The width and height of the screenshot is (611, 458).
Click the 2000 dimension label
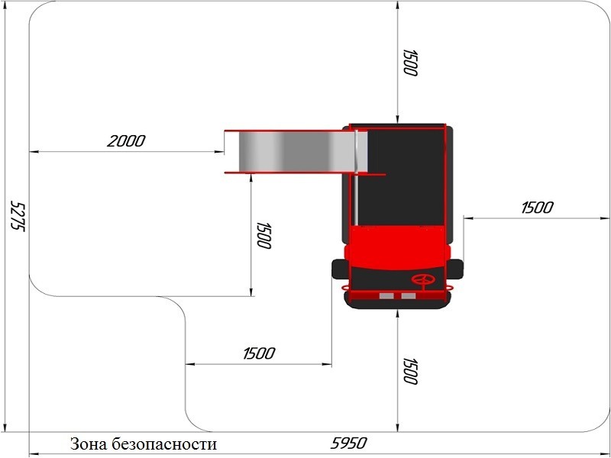tap(126, 140)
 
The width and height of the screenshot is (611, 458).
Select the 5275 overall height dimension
tap(18, 215)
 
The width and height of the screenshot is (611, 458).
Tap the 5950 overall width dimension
tap(349, 443)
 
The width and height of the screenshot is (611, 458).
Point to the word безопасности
tap(163, 443)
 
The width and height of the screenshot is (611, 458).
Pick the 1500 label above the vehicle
tap(410, 63)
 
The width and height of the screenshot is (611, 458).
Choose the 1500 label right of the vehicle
tap(537, 208)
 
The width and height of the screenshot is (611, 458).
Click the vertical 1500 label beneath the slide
tap(263, 235)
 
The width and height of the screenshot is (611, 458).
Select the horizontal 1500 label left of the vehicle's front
tap(259, 353)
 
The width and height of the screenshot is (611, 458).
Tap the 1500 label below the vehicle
tap(410, 371)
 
